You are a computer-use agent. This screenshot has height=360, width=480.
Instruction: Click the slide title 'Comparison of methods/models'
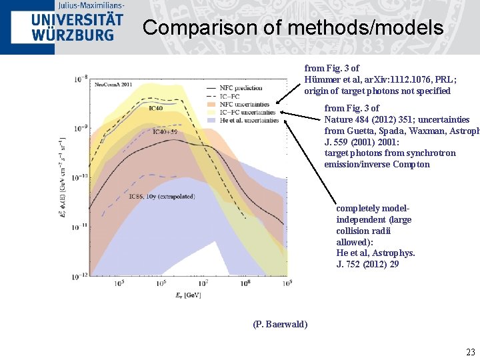tap(293, 27)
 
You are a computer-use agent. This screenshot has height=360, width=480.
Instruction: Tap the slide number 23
tap(471, 352)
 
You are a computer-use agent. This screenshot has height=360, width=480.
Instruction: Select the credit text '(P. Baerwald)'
tap(280, 324)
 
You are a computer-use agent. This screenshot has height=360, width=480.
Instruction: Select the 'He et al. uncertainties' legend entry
tap(250, 121)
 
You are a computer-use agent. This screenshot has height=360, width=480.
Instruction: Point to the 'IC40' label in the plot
tap(155, 107)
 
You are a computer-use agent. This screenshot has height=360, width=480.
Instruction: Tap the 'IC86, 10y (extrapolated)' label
tap(153, 196)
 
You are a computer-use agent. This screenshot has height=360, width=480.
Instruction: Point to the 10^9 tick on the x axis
tap(286, 283)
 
